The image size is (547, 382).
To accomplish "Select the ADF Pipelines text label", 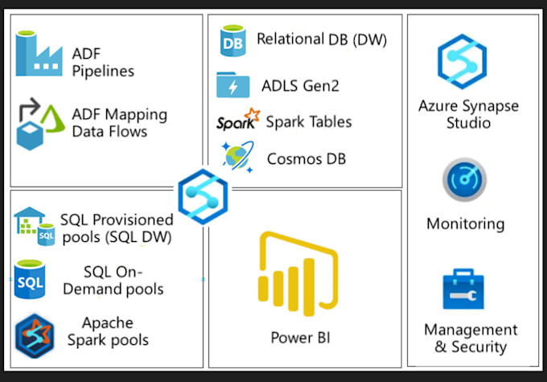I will click(x=103, y=61).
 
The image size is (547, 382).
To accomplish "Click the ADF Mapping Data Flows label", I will click(x=119, y=122).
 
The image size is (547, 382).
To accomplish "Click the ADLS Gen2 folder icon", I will click(x=232, y=84).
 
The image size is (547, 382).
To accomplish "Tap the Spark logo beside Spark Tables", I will click(x=238, y=121).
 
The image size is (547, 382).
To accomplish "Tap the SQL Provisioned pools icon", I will click(x=35, y=227).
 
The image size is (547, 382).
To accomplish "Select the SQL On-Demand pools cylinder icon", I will click(x=31, y=279).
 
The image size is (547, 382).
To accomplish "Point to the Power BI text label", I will click(x=299, y=337).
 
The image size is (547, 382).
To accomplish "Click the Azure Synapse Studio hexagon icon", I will click(x=463, y=60).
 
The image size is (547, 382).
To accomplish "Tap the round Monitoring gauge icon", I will click(x=464, y=180).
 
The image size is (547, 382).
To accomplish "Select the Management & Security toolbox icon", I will click(x=463, y=290).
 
